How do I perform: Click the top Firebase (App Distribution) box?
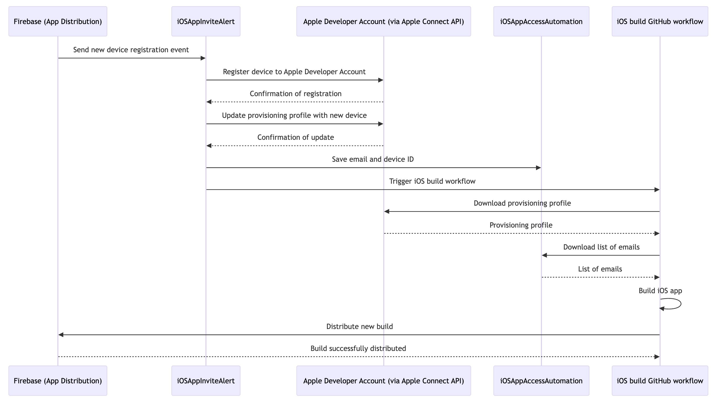58,21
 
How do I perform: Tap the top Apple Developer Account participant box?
384,21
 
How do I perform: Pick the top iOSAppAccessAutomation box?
541,21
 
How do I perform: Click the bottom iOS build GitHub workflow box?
660,380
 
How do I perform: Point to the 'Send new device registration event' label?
131,50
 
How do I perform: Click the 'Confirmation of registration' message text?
295,94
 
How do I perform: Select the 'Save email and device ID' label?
373,159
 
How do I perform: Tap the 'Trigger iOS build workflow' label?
432,181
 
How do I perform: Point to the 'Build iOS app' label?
660,291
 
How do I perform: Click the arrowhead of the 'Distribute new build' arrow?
61,334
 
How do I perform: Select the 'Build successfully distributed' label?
358,349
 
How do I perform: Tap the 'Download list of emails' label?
601,247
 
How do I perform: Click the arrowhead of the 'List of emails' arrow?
657,277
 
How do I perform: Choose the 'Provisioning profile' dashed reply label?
521,225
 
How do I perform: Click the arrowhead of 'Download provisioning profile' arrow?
387,211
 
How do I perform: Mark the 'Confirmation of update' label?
295,137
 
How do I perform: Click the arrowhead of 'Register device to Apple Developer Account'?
381,80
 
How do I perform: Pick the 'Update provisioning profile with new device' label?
294,116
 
